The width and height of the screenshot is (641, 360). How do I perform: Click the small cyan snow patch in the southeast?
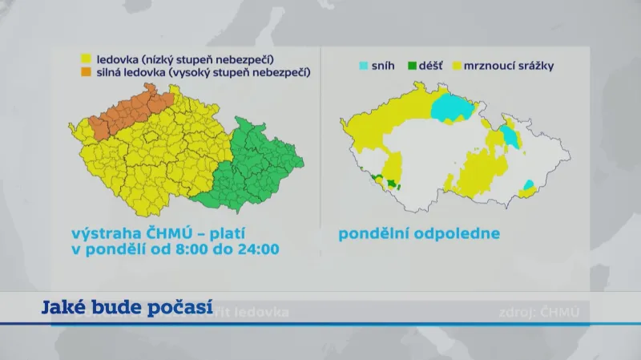click(528, 186)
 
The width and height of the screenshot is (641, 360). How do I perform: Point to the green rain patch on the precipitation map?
click(392, 184)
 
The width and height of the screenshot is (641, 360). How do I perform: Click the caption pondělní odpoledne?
click(419, 234)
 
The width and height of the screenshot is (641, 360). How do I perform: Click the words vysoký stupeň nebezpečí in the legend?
click(249, 72)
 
